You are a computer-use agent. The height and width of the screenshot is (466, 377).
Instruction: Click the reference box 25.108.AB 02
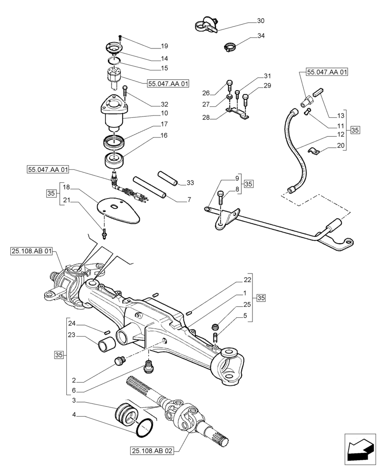tap(153, 451)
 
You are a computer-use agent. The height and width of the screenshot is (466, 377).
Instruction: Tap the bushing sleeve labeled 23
tap(106, 347)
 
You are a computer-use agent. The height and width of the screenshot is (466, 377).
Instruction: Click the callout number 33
tap(190, 182)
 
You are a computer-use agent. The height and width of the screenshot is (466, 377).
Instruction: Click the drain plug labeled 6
tap(150, 365)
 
